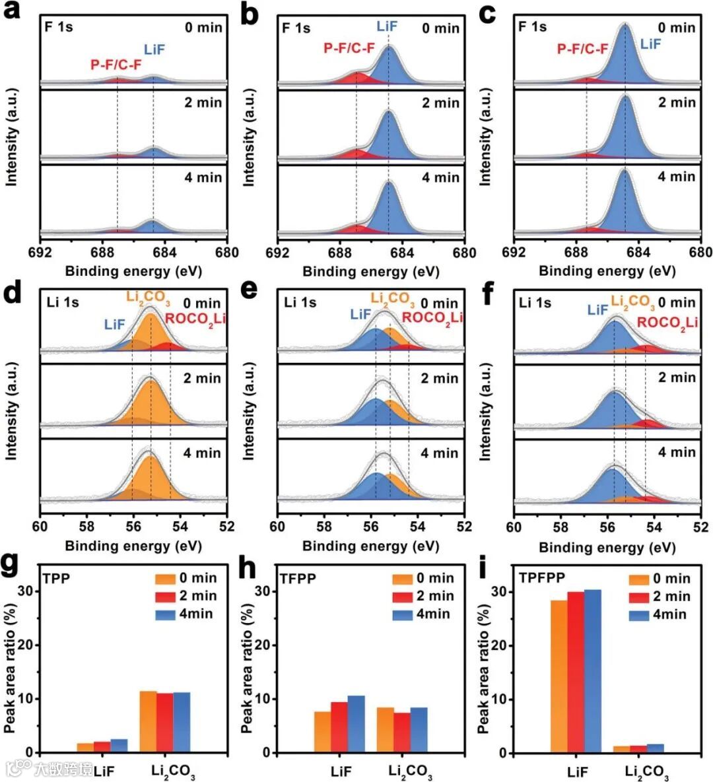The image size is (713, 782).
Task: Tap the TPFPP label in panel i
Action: tap(542, 578)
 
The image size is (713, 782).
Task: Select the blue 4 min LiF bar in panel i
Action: tap(592, 670)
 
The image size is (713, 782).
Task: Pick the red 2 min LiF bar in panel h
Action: tap(339, 727)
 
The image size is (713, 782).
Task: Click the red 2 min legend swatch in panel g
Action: tap(166, 597)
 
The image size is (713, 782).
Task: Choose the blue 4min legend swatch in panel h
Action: tap(402, 614)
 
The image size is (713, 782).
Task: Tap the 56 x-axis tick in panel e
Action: tap(371, 527)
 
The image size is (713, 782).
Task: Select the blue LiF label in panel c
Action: tap(650, 44)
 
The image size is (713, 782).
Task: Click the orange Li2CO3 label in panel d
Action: tap(149, 299)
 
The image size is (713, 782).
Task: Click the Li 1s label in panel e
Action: tap(300, 303)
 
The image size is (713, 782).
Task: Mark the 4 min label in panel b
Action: tap(441, 178)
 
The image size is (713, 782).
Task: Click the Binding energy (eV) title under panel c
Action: tap(607, 271)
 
